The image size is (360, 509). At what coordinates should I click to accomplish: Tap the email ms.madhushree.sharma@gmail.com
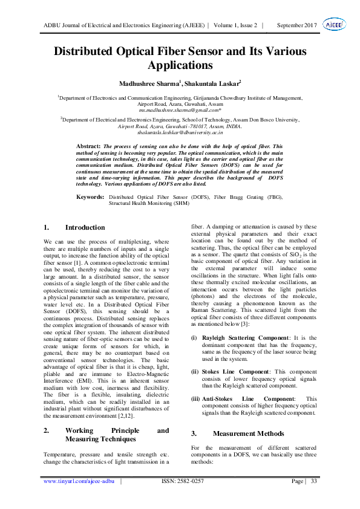[x=179, y=111]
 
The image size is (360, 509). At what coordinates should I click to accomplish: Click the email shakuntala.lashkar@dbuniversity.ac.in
[x=180, y=132]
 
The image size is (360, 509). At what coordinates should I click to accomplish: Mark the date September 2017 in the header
[x=296, y=25]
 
